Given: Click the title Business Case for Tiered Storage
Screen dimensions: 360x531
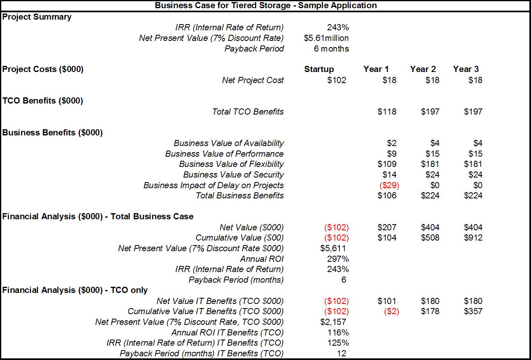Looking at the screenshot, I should (x=266, y=5).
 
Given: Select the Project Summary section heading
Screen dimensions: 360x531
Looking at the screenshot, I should (x=37, y=17).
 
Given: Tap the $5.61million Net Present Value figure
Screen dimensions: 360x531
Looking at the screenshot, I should (x=326, y=38).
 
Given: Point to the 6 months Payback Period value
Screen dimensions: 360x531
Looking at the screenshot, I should (x=332, y=49).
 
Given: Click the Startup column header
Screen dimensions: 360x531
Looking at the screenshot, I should (x=319, y=69).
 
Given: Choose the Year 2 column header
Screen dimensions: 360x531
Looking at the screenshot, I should (x=423, y=69).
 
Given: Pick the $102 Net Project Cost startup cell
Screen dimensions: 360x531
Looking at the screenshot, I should (x=337, y=80).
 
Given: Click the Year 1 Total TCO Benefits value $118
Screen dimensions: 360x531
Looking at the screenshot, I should (x=387, y=111).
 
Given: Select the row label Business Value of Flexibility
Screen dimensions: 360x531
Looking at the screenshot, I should (x=231, y=164).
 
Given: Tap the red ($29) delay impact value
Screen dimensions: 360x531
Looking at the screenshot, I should (x=389, y=185).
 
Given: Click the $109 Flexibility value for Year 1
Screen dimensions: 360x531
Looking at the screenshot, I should (x=387, y=164).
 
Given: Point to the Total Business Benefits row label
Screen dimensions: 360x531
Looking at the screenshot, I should (x=240, y=196).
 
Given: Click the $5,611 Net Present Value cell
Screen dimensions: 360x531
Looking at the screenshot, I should (x=333, y=248).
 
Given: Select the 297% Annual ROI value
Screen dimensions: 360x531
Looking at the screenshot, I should (x=338, y=259).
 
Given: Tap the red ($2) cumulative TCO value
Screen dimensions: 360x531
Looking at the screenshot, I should (x=391, y=311).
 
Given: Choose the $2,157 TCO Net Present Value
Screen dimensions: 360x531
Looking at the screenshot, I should (x=333, y=322).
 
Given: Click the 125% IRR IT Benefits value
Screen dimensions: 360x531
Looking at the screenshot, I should (x=338, y=343).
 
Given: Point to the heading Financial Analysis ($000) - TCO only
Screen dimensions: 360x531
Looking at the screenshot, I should (x=75, y=290).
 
